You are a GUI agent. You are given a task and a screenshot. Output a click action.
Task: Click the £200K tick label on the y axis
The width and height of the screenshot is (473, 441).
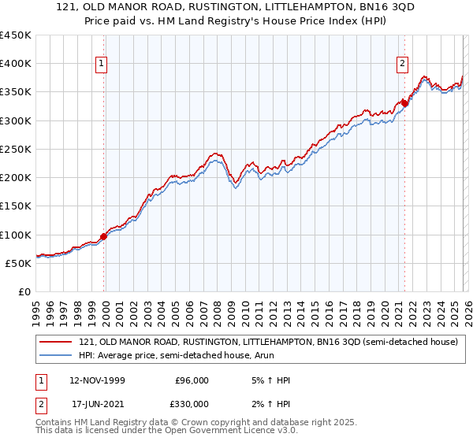click(15, 178)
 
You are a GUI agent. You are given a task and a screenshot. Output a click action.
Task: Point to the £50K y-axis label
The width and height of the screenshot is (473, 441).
click(17, 264)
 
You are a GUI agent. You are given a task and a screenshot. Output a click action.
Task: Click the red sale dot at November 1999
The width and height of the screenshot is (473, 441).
click(104, 236)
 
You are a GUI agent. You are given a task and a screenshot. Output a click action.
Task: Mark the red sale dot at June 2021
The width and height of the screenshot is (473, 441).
click(404, 102)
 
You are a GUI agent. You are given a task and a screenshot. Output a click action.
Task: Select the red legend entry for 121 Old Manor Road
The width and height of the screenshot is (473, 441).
click(268, 342)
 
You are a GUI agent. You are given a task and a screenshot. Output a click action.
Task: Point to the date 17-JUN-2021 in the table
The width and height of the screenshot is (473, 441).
click(97, 404)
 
